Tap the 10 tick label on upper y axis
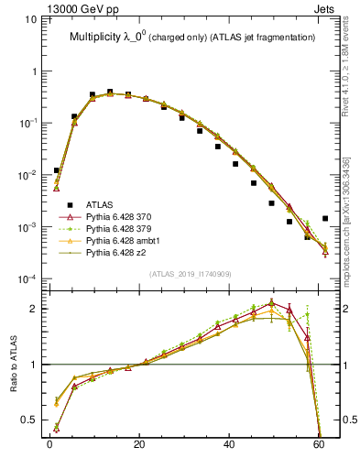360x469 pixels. pos(31,19)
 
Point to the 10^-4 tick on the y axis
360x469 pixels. pos(28,278)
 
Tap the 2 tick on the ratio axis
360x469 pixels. pos(35,309)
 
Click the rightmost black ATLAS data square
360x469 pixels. pos(325,218)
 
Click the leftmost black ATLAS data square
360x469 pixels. pos(57,170)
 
